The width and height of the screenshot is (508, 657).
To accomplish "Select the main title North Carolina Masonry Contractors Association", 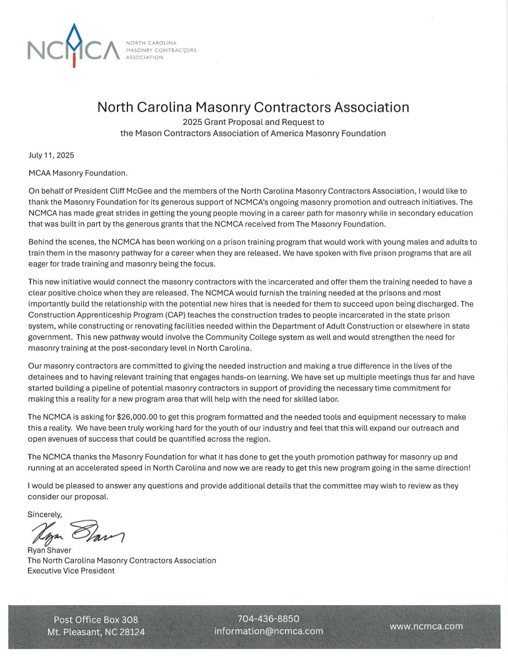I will [x=253, y=107].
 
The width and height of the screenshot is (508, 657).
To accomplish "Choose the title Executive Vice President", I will [x=71, y=570].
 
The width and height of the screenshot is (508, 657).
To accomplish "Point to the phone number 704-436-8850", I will [x=269, y=618].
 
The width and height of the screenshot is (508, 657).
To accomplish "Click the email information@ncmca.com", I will [x=269, y=631].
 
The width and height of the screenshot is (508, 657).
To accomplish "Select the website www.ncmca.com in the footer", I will [x=426, y=625].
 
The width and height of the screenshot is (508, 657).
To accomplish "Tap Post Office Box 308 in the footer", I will [x=96, y=620].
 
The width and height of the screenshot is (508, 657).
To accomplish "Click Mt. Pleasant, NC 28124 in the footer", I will [x=96, y=632].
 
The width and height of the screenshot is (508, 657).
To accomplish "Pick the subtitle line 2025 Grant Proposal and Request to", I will [x=252, y=122].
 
